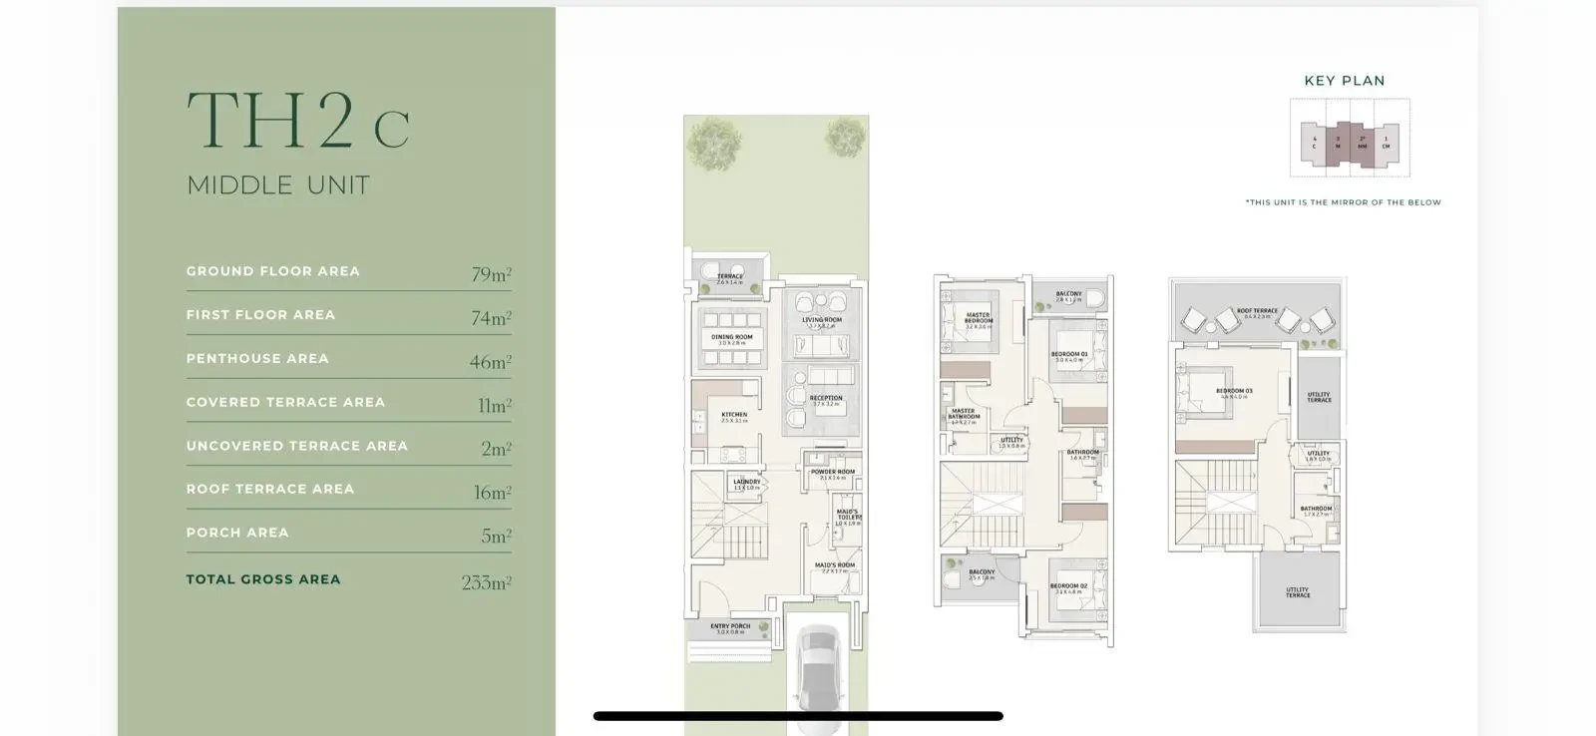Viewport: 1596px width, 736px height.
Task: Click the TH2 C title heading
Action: pyautogui.click(x=297, y=122)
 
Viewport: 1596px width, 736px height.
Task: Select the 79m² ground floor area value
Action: pyautogui.click(x=491, y=274)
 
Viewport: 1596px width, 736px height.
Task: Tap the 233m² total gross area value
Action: pyautogui.click(x=486, y=582)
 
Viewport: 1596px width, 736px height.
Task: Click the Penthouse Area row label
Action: pyautogui.click(x=257, y=358)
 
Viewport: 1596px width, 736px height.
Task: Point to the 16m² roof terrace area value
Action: pyautogui.click(x=492, y=493)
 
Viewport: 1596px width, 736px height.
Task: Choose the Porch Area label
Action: pyautogui.click(x=237, y=533)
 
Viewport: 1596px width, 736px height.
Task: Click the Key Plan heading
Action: pyautogui.click(x=1344, y=81)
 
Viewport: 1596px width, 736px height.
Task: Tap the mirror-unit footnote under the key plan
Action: pyautogui.click(x=1343, y=202)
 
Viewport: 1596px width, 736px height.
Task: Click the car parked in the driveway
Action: pyautogui.click(x=818, y=673)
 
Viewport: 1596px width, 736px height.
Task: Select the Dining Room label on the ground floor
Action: pyautogui.click(x=731, y=338)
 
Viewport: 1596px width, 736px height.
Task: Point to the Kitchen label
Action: pyautogui.click(x=734, y=416)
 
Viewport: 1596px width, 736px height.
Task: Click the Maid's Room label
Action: pyautogui.click(x=834, y=566)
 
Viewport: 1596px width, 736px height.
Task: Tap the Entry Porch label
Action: pyautogui.click(x=730, y=627)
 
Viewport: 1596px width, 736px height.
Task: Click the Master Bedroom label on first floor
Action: pyautogui.click(x=978, y=318)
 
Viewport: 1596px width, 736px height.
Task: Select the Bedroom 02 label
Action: pyautogui.click(x=1068, y=587)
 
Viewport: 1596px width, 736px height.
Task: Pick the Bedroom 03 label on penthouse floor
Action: pyautogui.click(x=1234, y=392)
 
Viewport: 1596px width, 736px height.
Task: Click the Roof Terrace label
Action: pyautogui.click(x=1257, y=311)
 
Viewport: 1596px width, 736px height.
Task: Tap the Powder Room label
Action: pyautogui.click(x=832, y=473)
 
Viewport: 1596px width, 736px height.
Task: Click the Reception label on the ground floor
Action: pyautogui.click(x=826, y=399)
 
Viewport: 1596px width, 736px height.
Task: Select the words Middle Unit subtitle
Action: pyautogui.click(x=278, y=185)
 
